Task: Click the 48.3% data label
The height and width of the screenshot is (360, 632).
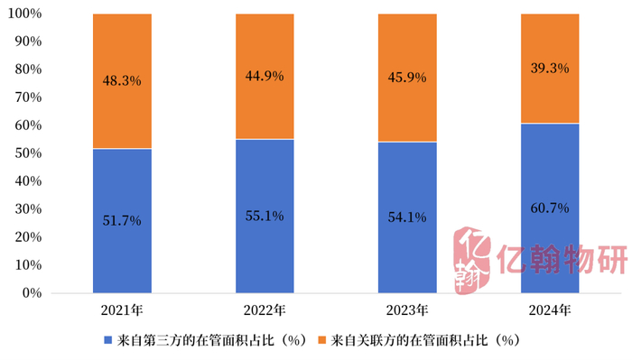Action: (122, 80)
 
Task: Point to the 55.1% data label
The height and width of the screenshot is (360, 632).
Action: (265, 216)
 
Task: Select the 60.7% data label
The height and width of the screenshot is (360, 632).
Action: (549, 208)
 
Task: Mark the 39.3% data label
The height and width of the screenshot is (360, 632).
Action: (549, 68)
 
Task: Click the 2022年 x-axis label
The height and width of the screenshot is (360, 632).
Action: (265, 311)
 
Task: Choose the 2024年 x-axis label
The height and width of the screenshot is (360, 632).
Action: (549, 311)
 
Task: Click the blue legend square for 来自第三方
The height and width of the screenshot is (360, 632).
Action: (108, 341)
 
